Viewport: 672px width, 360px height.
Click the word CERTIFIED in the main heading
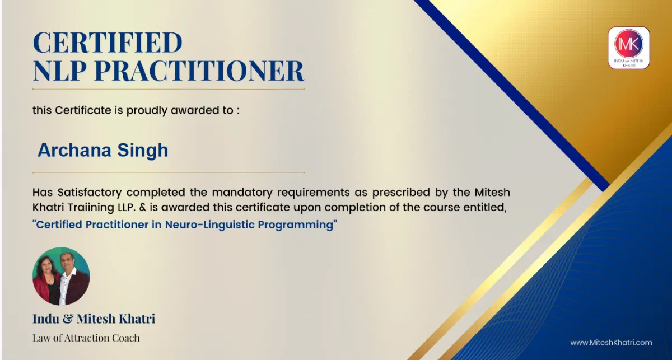[108, 43]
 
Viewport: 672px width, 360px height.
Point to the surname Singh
[142, 151]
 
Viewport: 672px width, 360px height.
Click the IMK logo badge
[629, 48]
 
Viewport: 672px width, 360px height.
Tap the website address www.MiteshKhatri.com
[611, 343]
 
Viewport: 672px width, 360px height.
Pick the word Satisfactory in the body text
[90, 192]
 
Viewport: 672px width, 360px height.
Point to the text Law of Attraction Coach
[86, 338]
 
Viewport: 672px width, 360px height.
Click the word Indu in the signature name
[46, 319]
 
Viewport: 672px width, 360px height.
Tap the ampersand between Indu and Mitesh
[68, 319]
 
